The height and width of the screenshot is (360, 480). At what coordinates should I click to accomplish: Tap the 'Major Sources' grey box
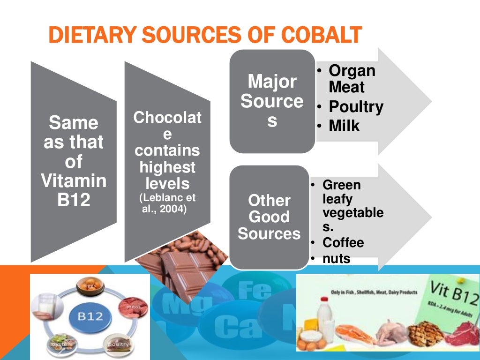[x=272, y=101]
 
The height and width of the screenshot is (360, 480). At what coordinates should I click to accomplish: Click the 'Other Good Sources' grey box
[x=269, y=217]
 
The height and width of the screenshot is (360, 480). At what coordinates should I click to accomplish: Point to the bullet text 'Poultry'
[x=356, y=107]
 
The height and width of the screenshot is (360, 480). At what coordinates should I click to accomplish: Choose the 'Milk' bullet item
[x=344, y=126]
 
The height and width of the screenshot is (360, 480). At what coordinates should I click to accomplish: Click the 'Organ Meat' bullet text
[x=352, y=79]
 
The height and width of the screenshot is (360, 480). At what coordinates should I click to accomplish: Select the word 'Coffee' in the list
[x=343, y=243]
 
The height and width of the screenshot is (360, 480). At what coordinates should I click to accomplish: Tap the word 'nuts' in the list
[x=336, y=258]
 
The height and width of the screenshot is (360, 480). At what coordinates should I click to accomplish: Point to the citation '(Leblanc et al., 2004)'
[x=167, y=203]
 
